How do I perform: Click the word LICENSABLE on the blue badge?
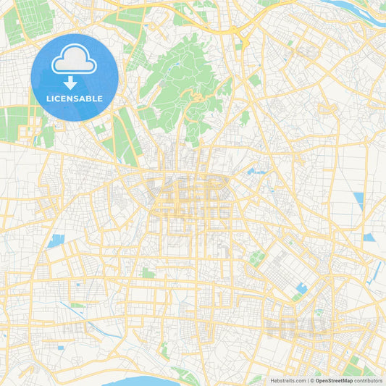click(x=73, y=98)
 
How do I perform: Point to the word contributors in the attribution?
click(x=368, y=380)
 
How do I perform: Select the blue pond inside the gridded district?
click(x=301, y=288)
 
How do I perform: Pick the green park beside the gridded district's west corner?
click(x=256, y=258)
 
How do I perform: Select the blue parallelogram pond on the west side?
click(x=56, y=240)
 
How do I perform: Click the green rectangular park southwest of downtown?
click(x=148, y=273)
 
